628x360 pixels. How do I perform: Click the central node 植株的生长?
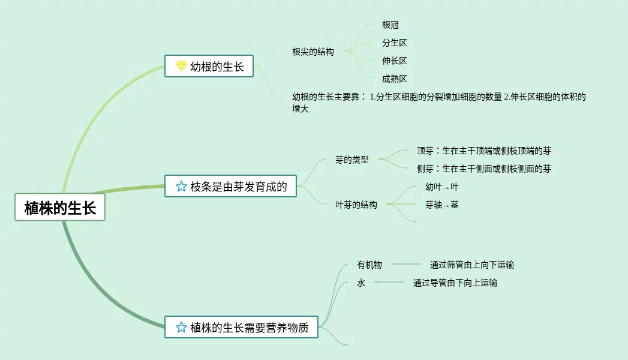point(60,208)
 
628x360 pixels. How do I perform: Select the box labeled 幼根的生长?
point(209,67)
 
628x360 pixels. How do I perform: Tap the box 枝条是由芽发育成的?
point(231,187)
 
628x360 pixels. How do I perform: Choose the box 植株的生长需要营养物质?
point(242,328)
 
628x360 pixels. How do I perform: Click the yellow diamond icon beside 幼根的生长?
point(181,67)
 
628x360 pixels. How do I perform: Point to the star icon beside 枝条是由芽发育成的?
point(181,187)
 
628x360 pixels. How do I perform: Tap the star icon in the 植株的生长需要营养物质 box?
point(181,328)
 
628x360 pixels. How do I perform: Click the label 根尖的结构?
point(313,52)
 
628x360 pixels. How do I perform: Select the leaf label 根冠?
point(390,25)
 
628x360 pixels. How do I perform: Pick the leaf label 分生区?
point(395,43)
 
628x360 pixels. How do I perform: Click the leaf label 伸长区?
point(395,61)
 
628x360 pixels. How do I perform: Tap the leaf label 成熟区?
point(395,79)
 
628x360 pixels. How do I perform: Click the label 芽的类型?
point(352,160)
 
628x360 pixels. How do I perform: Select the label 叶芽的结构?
point(356,205)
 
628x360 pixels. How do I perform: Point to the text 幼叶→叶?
point(442,187)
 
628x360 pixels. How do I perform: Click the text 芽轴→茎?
point(442,205)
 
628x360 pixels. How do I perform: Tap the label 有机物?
point(369,265)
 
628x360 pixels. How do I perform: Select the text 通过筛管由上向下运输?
point(472,265)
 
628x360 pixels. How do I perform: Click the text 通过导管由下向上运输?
point(455,283)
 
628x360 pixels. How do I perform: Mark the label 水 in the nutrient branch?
point(361,283)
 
